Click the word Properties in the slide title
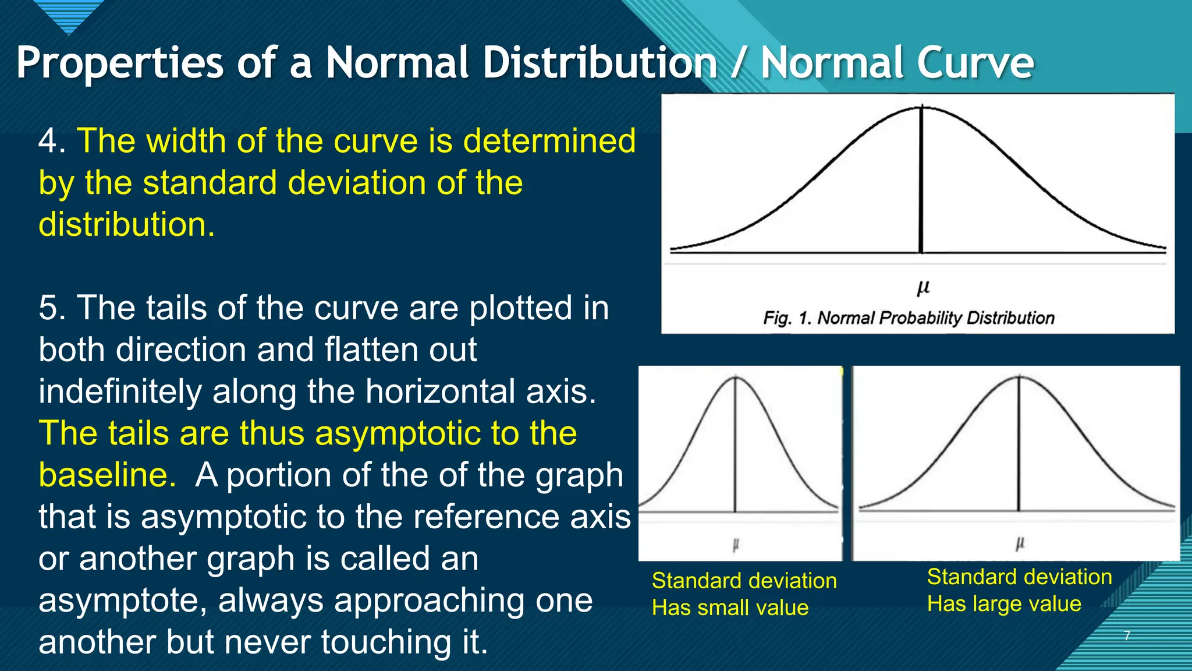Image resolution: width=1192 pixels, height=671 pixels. (119, 63)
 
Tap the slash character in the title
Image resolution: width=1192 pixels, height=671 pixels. (738, 63)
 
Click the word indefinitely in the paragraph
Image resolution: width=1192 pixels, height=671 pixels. (119, 391)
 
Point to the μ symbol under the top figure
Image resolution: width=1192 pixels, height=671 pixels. (923, 288)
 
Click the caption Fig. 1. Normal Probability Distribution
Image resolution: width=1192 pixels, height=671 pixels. (909, 318)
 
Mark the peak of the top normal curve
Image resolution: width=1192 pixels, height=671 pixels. (921, 107)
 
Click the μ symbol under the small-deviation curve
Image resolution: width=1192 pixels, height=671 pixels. (736, 545)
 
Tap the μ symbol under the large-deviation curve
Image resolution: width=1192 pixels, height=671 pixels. (1020, 543)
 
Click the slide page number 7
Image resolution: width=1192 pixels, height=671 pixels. (1127, 635)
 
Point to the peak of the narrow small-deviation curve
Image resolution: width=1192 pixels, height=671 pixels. (735, 377)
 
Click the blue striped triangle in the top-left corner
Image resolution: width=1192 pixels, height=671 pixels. (69, 15)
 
